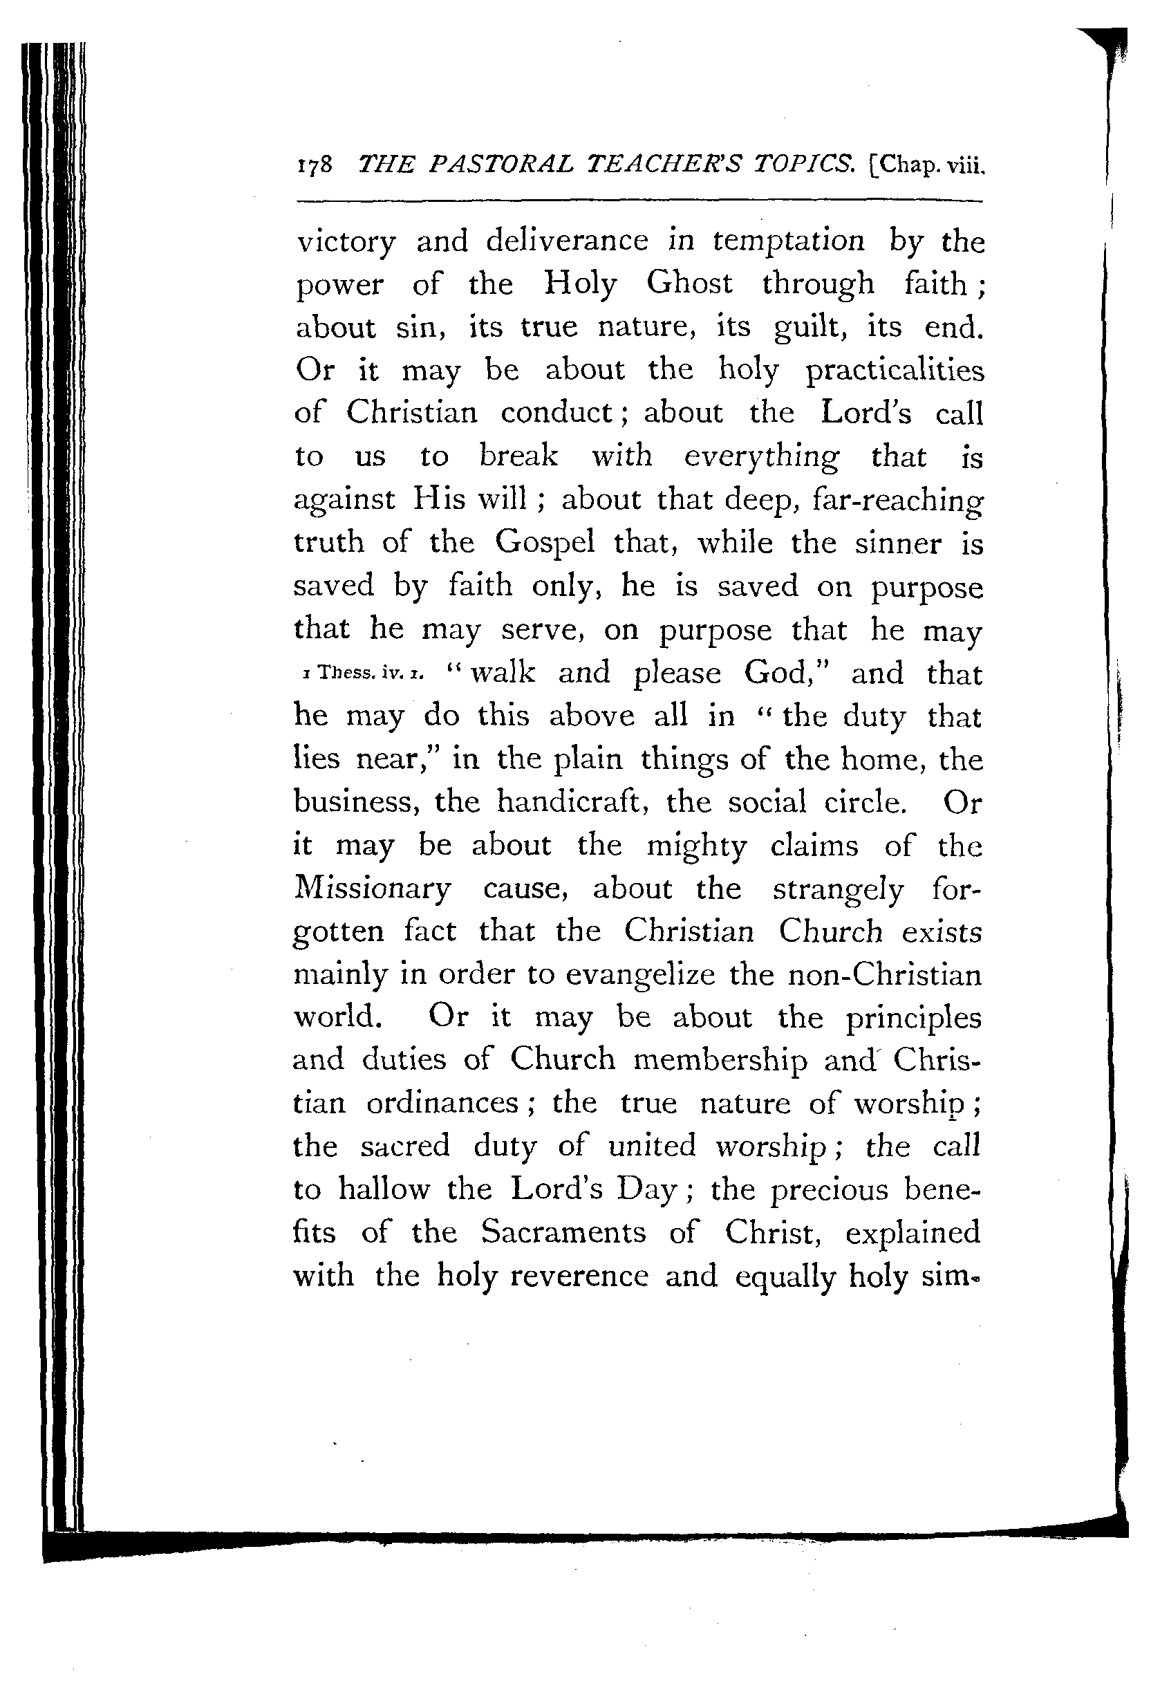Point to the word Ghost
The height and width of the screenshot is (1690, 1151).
point(689,284)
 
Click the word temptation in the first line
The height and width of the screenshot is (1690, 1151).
point(789,241)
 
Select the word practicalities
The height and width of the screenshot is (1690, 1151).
point(895,371)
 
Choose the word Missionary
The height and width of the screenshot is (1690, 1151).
point(373,888)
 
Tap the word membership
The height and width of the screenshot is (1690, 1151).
point(720,1059)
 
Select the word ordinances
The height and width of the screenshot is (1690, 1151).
point(442,1103)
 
